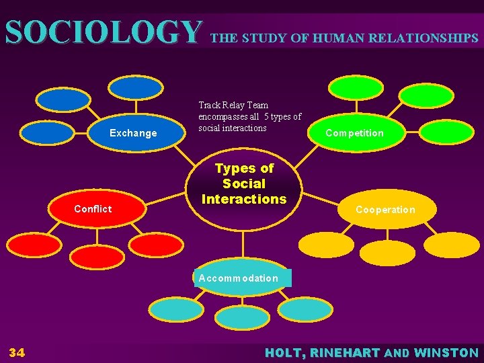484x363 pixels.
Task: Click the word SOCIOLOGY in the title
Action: pos(104,32)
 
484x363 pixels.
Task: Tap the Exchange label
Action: pos(133,133)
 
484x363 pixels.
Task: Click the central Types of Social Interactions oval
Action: pos(244,184)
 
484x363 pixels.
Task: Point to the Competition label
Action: pos(354,133)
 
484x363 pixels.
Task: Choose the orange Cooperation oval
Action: pos(386,210)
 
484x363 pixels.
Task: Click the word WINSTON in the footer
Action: pos(446,352)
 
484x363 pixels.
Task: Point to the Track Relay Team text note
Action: pos(249,116)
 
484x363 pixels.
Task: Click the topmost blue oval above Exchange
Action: pos(136,87)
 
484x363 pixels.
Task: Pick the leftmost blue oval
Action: pos(46,132)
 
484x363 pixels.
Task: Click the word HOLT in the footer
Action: pos(285,352)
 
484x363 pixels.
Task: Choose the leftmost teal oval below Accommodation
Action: pos(175,309)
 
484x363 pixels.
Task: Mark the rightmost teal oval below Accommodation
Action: pos(305,309)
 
